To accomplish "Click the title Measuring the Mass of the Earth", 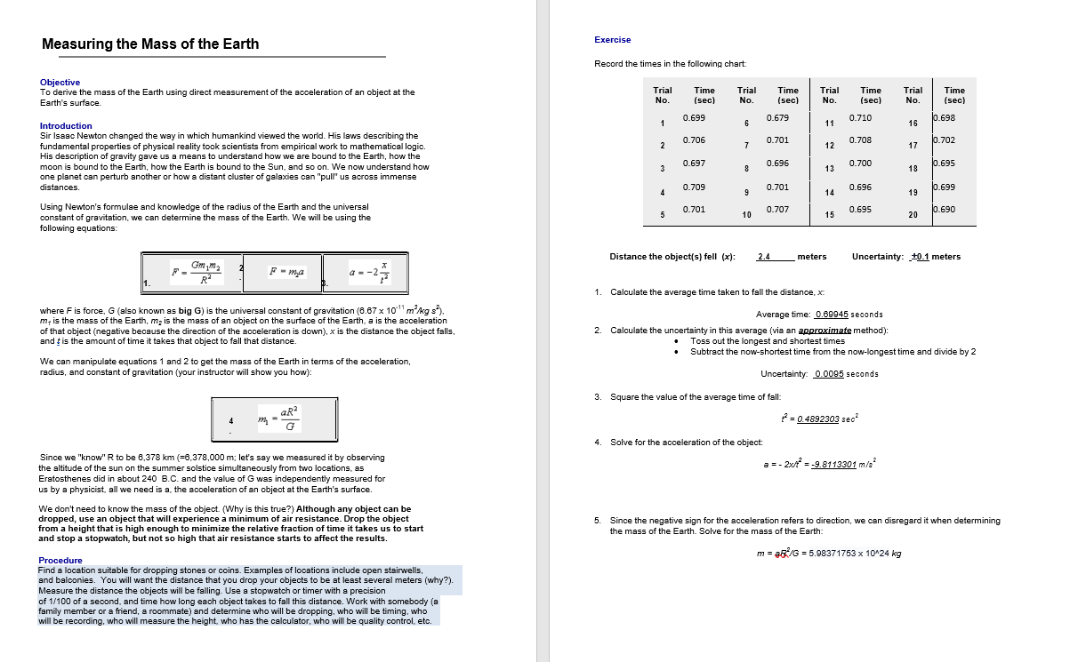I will [150, 44].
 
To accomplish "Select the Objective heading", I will [60, 82].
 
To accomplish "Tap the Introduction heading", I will [66, 126].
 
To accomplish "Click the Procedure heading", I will [60, 560].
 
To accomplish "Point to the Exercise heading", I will [612, 40].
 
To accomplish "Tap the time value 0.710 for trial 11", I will [860, 118].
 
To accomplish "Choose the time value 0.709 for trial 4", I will [694, 187].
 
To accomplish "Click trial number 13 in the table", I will [829, 169].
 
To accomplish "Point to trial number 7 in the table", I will [746, 146].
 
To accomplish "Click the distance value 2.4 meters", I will [763, 257].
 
